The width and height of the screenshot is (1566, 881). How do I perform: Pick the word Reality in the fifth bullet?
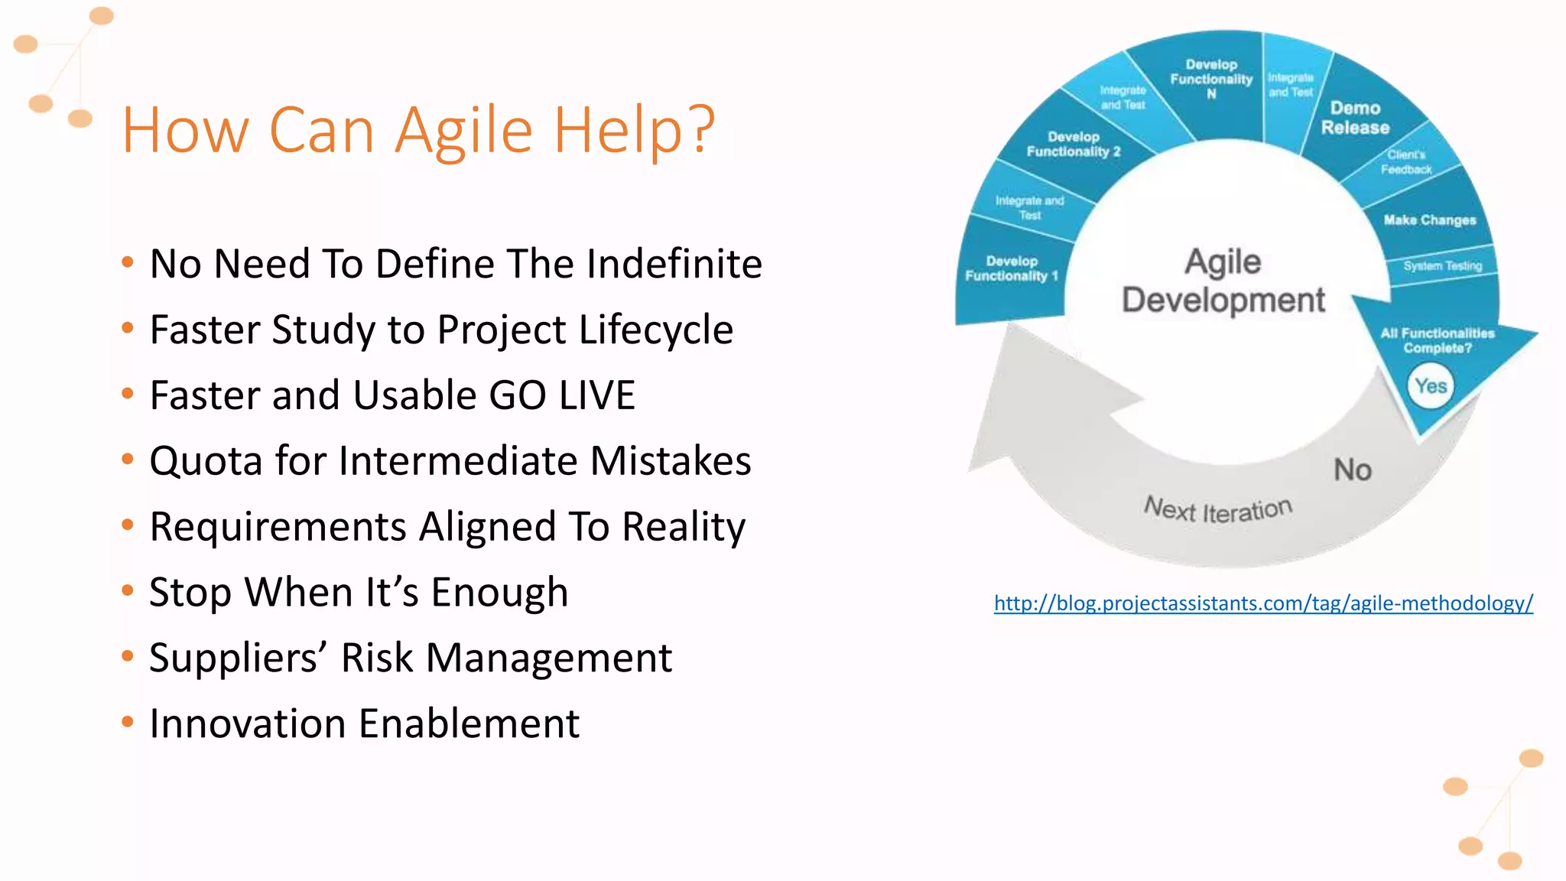[683, 528]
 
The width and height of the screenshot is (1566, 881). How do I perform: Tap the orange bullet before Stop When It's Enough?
[128, 590]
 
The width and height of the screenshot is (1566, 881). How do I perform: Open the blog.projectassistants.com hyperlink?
[1263, 603]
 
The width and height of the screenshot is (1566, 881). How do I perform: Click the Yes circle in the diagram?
[1430, 386]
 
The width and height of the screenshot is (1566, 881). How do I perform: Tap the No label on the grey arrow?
[1353, 470]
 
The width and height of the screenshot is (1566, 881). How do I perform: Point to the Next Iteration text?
[1218, 509]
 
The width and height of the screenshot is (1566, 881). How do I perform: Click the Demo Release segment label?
[1355, 118]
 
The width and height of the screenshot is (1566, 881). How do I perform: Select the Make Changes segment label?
[1429, 220]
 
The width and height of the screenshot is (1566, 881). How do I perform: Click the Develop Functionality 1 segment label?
[1011, 268]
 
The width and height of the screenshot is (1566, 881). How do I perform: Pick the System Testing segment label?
[1442, 266]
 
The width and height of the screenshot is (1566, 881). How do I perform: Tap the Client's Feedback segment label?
[1405, 162]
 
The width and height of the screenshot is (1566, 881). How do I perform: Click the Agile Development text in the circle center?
[1223, 281]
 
